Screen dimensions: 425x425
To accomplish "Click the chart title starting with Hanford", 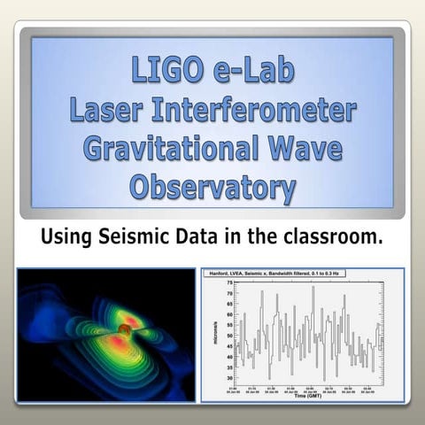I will (x=282, y=274).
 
